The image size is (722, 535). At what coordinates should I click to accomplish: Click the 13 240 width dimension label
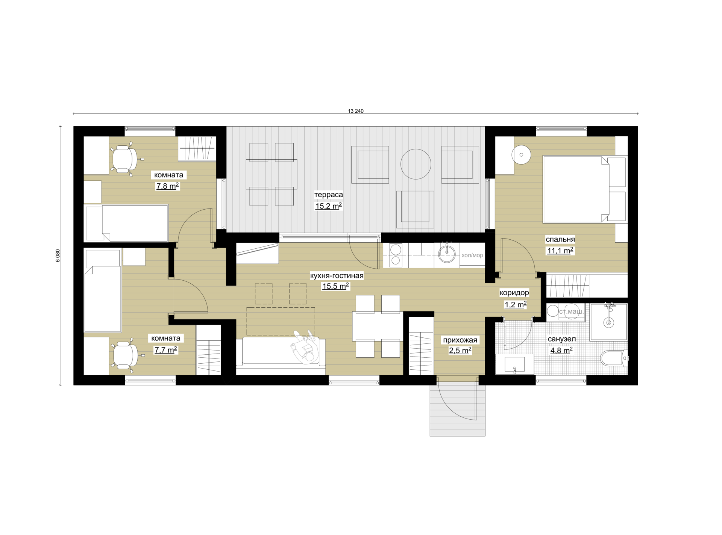356,111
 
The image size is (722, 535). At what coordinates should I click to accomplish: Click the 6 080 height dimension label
58,255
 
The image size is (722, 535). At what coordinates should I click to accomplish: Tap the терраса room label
329,195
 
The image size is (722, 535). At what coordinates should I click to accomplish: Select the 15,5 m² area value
335,286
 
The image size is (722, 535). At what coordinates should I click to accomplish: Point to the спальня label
560,239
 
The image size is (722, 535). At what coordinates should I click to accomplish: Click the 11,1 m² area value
560,251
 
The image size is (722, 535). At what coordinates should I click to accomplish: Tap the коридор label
514,293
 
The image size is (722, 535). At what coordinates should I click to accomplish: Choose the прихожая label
460,340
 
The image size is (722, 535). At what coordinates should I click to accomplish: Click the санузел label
562,339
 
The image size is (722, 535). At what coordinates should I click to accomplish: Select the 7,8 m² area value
167,186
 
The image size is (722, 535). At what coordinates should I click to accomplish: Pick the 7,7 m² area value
166,350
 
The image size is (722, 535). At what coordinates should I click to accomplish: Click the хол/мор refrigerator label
472,255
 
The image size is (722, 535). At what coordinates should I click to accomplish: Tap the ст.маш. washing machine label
571,311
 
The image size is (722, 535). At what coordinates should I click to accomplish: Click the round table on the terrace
416,164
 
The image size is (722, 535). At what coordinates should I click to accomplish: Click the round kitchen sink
447,254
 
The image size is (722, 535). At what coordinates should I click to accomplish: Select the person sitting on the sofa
305,347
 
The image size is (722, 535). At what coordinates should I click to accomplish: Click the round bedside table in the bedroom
521,155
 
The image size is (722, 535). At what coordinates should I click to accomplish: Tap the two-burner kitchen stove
396,255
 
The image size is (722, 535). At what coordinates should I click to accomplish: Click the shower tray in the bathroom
608,322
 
